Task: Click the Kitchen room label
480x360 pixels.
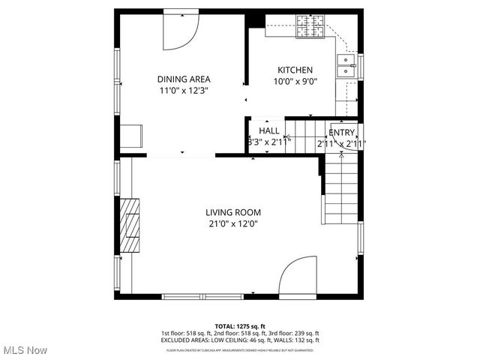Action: pyautogui.click(x=295, y=70)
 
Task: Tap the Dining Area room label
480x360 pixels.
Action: pyautogui.click(x=184, y=79)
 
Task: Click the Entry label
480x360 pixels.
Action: pyautogui.click(x=341, y=133)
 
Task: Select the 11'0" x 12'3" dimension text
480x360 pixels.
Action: pyautogui.click(x=184, y=90)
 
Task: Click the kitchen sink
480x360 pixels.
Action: pyautogui.click(x=347, y=66)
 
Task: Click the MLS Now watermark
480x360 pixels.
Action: pyautogui.click(x=25, y=350)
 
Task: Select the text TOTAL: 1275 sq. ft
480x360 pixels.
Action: pyautogui.click(x=240, y=326)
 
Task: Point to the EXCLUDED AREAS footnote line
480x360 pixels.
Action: pyautogui.click(x=240, y=340)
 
